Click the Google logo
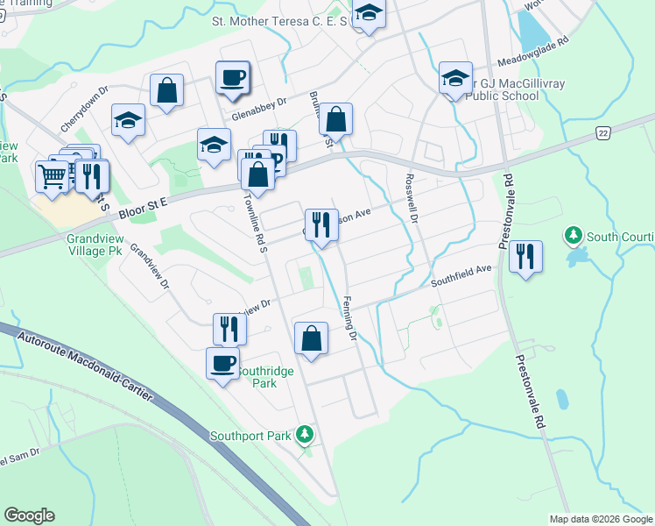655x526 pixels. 29,515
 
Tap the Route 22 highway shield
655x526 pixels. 602,131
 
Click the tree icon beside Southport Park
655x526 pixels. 304,434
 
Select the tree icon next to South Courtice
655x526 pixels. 573,235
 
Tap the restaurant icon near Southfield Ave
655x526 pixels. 525,256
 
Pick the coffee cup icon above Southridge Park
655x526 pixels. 222,362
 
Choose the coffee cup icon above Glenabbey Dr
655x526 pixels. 233,77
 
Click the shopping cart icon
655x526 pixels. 52,175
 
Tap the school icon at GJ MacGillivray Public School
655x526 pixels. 455,78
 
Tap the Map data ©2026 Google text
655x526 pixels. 600,519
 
